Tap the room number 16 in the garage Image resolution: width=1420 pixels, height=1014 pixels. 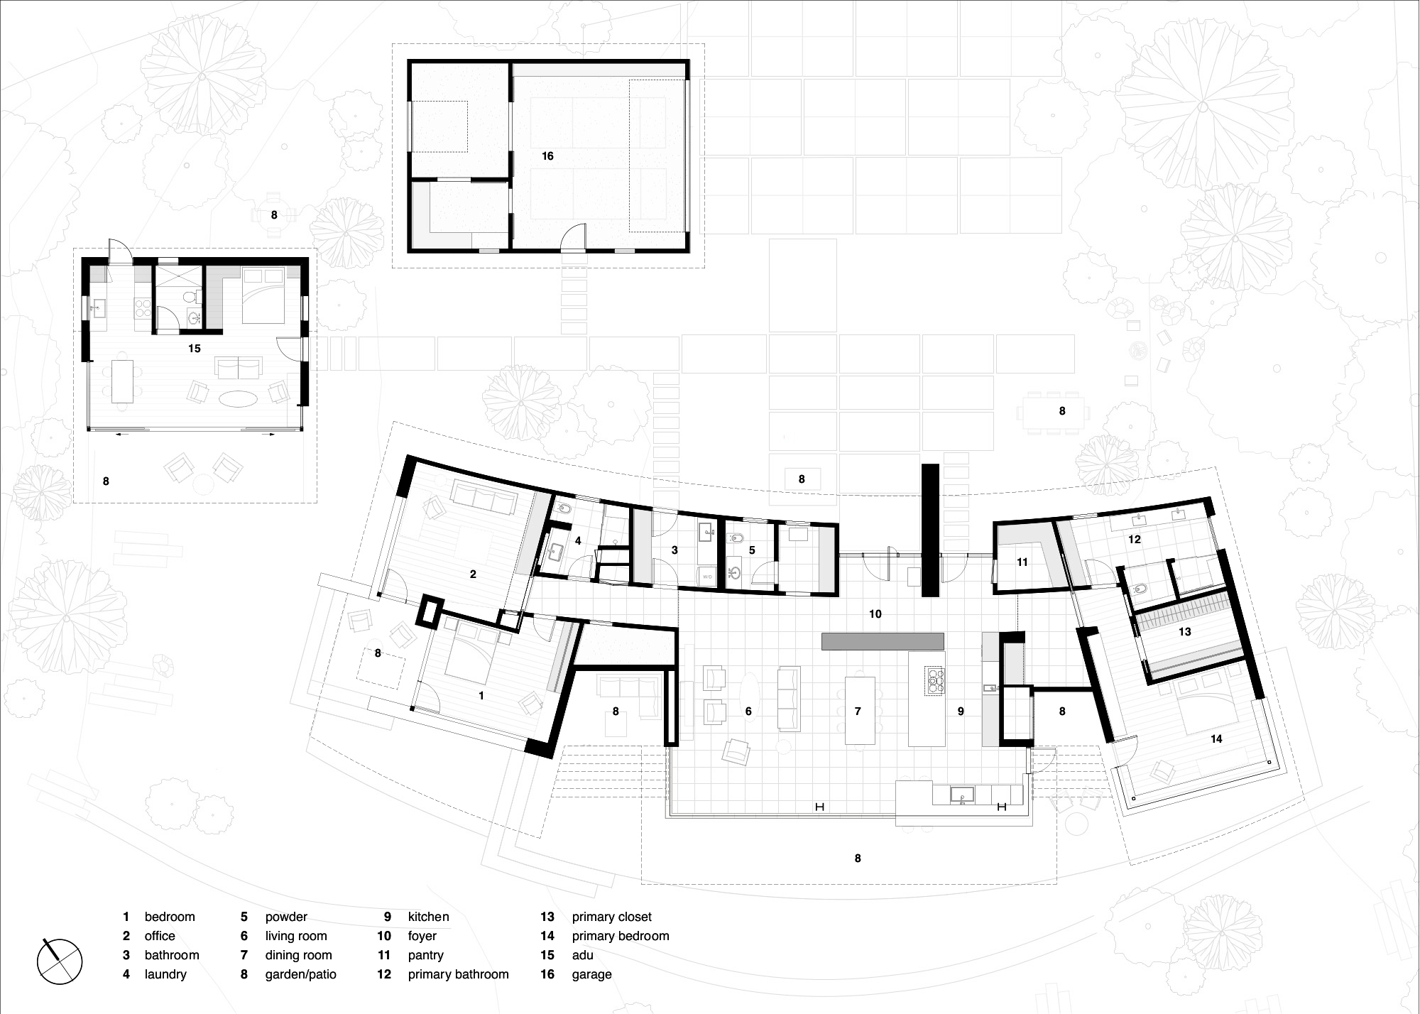547,156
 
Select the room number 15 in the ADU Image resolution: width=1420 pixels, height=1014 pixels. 195,349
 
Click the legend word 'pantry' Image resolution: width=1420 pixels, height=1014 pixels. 425,955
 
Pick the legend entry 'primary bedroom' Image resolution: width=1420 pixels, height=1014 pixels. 620,936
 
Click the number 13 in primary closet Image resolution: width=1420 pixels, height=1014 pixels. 1184,631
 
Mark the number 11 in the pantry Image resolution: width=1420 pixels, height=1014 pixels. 1022,562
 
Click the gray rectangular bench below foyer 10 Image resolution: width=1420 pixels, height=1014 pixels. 883,641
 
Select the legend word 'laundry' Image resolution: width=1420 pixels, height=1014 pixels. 165,974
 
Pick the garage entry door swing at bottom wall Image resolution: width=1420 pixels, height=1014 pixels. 573,238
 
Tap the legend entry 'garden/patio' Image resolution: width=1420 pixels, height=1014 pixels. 300,974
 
